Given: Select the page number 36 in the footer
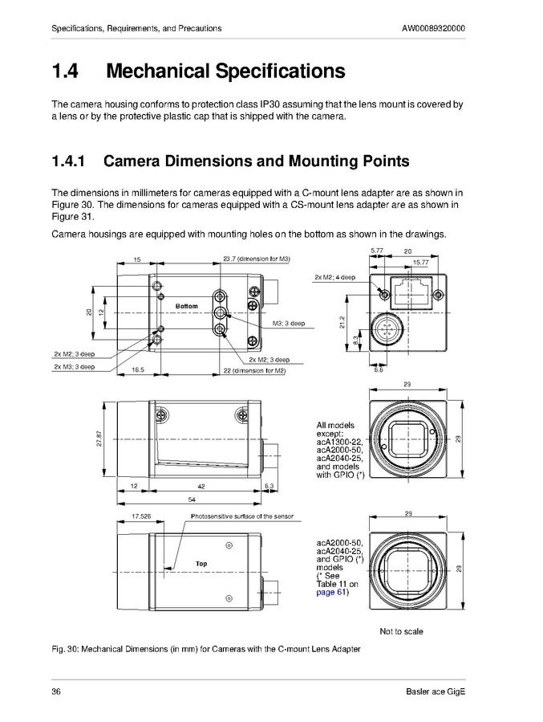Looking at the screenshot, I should point(56,692).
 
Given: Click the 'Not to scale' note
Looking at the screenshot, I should point(401,631).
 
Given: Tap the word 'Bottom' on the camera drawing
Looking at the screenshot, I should point(186,306).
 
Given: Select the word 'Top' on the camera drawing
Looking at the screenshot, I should point(201,564).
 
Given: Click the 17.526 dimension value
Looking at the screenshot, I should point(141,516).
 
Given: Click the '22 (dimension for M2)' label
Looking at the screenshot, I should point(255,370).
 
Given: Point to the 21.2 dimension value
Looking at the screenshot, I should point(342,320).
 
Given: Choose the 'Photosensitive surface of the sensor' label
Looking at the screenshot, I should point(241,516).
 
